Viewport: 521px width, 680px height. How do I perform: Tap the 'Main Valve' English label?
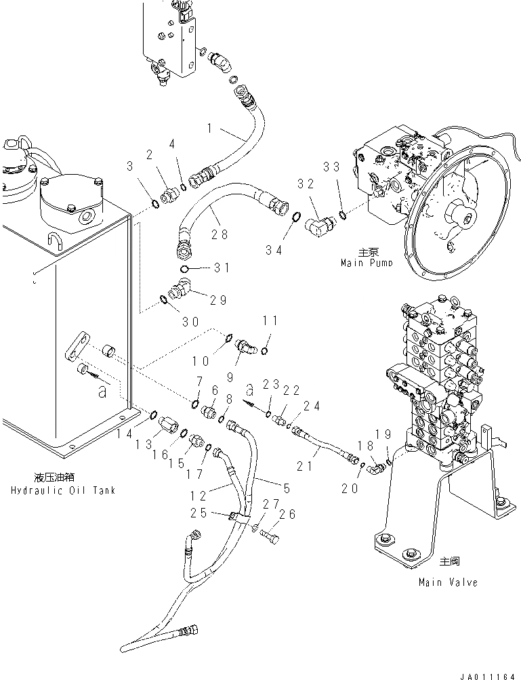pos(448,582)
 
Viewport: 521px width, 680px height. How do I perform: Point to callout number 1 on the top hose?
pos(211,127)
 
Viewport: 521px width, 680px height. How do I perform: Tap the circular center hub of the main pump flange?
pos(468,219)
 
